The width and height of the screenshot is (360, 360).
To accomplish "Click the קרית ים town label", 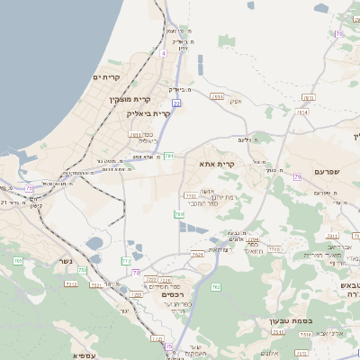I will tap(106, 77).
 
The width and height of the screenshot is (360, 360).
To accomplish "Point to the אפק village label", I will tap(236, 101).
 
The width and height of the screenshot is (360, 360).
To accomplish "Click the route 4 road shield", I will tap(164, 54).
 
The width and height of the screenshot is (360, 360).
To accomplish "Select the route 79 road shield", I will tap(296, 176).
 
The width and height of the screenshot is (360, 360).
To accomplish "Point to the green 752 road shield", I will tap(83, 270).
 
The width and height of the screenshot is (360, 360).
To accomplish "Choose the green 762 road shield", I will tap(216, 286).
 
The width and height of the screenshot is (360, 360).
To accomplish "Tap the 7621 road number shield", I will tap(196, 255).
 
